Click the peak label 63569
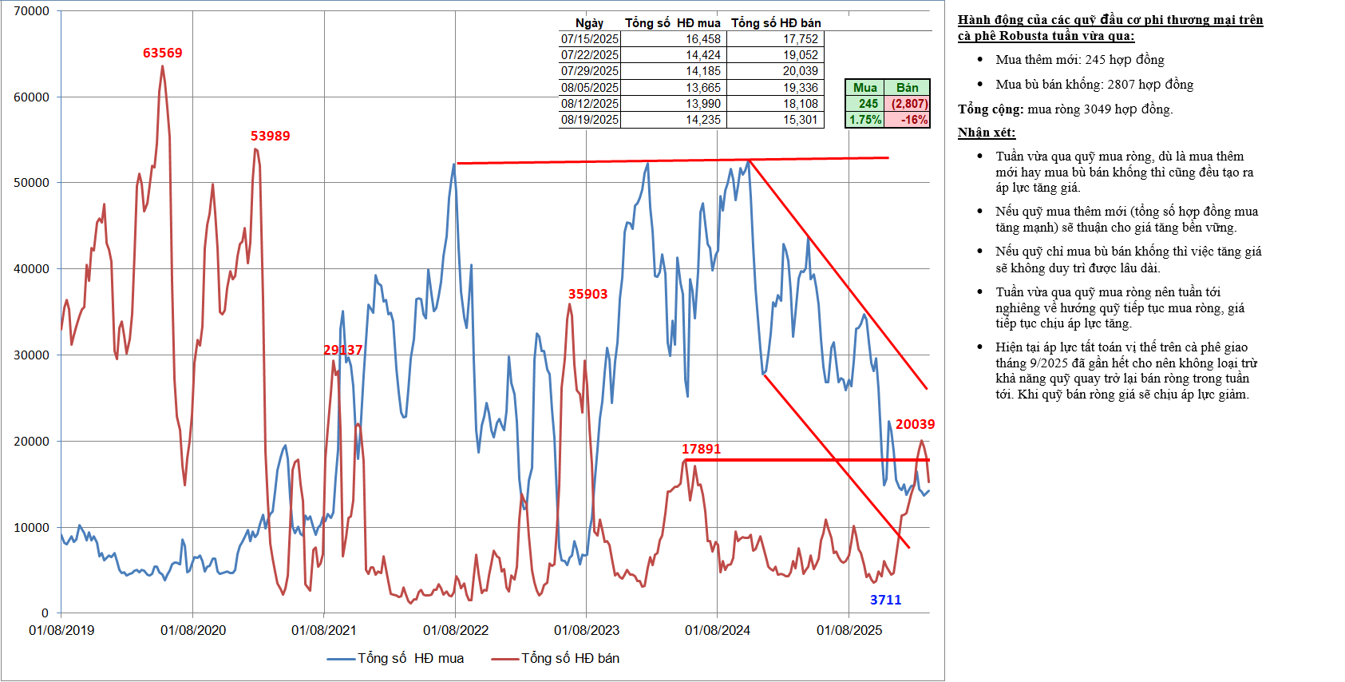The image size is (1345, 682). point(162,53)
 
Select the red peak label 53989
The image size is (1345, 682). point(270,136)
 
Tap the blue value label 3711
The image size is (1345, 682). point(885,600)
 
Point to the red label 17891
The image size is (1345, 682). point(701,449)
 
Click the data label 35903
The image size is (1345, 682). point(587,294)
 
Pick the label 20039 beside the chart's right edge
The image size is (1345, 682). point(915,424)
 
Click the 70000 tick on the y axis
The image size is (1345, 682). point(32,11)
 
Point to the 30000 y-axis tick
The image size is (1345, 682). point(32,355)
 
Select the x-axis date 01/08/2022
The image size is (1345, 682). point(456,630)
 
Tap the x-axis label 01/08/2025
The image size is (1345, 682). point(849,630)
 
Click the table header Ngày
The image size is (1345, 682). point(589,23)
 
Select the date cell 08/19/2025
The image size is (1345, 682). point(589,120)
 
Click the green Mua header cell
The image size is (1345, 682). point(864,88)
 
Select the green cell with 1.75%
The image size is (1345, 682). point(864,120)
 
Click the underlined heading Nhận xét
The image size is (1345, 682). point(986,133)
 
